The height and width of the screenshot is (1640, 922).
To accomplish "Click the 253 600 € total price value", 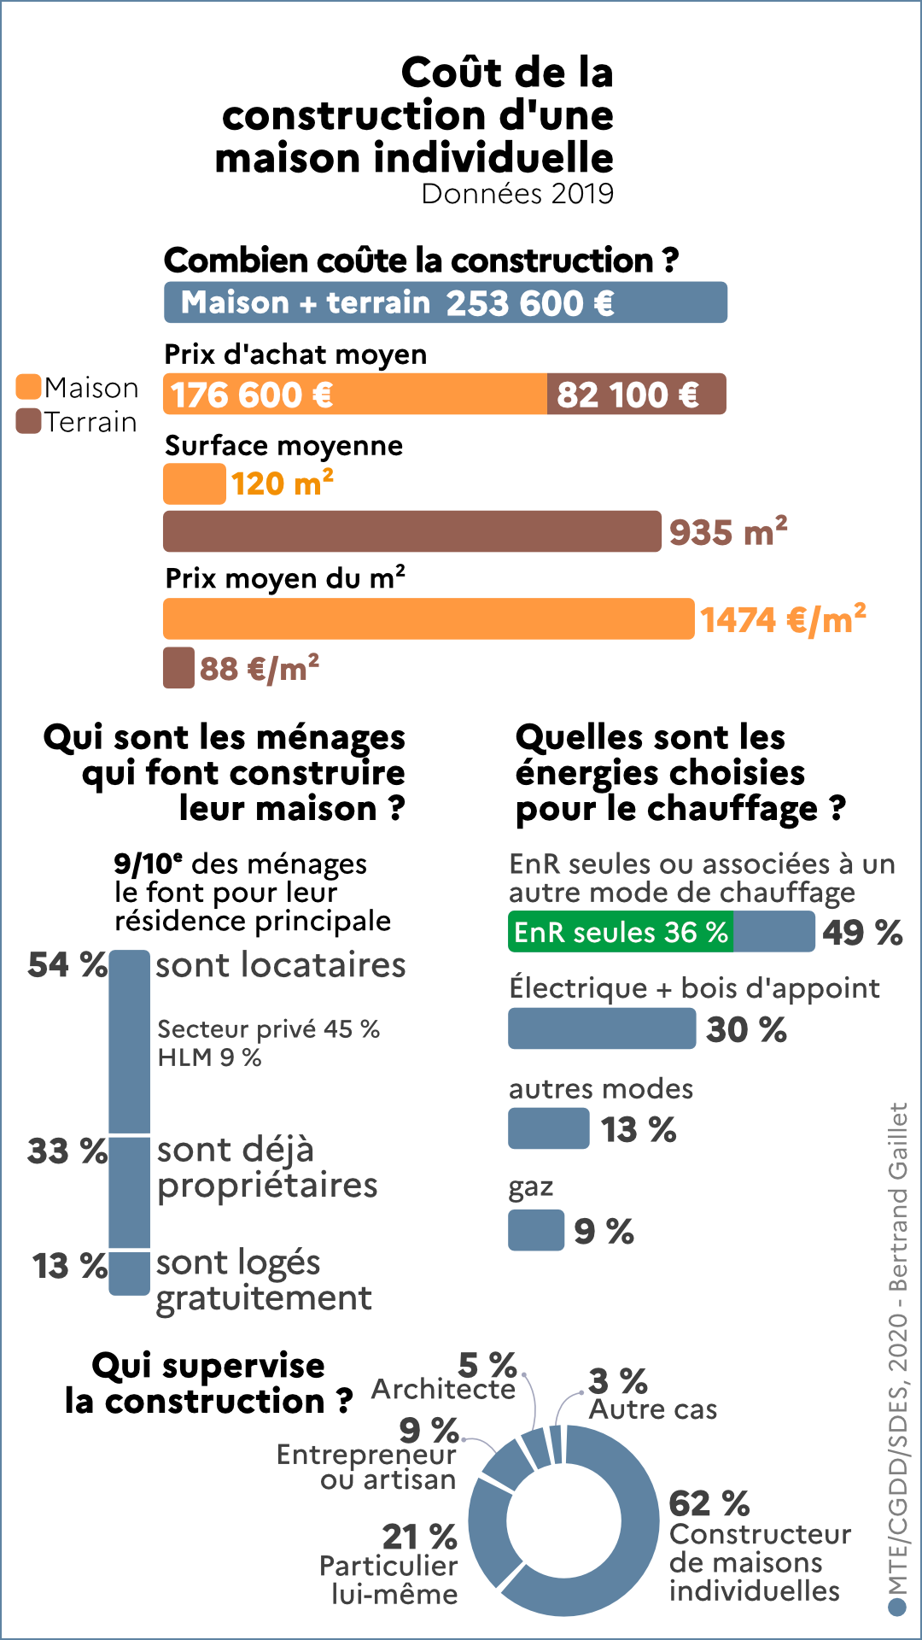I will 529,303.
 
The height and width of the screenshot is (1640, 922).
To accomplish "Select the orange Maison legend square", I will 29,387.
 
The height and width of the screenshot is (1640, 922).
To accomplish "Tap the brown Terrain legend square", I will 29,421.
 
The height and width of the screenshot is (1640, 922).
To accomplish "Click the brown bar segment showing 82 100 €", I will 636,395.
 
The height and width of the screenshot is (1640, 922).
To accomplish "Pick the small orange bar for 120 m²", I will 195,483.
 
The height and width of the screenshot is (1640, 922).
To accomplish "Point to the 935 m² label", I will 727,532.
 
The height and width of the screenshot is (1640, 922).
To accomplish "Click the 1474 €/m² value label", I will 783,620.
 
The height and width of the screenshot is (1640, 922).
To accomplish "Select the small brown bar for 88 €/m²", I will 178,668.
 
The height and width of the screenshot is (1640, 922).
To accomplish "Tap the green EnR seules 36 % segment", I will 621,932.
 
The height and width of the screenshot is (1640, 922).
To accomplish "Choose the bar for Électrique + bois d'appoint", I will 602,1028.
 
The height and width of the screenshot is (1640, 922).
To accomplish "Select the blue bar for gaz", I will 536,1230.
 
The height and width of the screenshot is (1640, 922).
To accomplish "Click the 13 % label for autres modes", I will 639,1130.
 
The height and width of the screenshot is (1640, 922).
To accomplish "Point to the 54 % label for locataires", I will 67,965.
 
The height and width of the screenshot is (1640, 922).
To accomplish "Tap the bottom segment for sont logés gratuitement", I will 130,1273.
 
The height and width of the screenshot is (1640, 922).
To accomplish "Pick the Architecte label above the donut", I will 443,1390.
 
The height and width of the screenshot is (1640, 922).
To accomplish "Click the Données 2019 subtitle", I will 517,194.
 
